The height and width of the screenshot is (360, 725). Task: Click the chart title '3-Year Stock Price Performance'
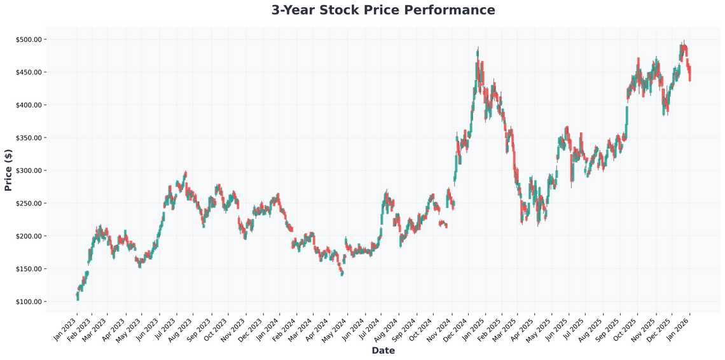coord(383,10)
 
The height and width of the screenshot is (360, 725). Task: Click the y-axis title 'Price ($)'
coord(8,170)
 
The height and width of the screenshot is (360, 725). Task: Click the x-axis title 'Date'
coord(383,350)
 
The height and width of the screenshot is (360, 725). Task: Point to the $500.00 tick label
coord(28,39)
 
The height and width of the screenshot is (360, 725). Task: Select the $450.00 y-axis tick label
coord(28,73)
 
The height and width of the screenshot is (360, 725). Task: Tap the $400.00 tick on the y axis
coord(28,105)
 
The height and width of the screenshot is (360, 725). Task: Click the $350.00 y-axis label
coord(28,138)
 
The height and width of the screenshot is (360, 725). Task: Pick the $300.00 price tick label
coord(28,170)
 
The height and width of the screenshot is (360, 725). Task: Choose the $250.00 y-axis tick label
coord(28,204)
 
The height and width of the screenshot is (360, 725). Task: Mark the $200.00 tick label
coord(28,236)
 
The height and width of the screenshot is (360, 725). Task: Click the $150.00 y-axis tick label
coord(28,269)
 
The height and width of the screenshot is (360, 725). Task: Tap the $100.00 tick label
coord(28,301)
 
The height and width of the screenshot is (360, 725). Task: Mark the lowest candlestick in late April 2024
coord(342,273)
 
